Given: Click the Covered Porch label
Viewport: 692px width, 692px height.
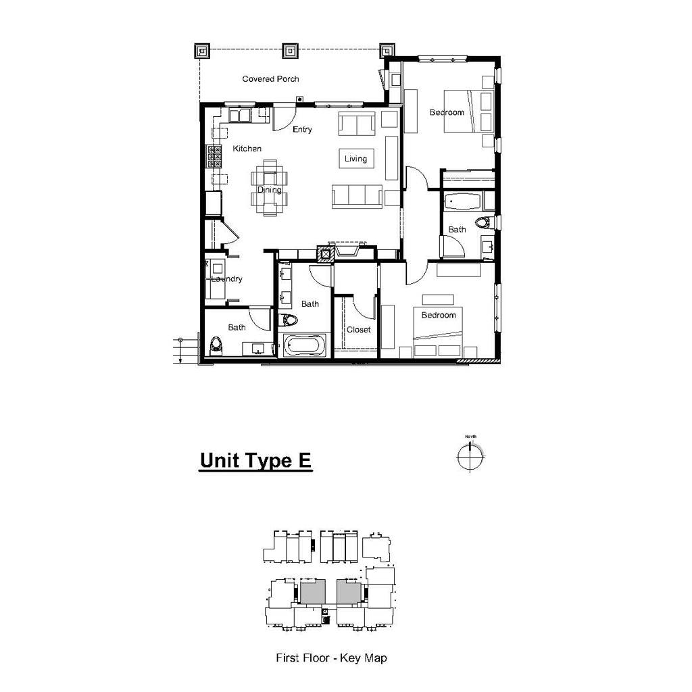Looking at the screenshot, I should click(x=270, y=79).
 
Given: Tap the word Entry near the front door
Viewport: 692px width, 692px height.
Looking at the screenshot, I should click(x=302, y=130).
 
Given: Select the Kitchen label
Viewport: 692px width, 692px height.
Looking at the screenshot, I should click(x=247, y=149).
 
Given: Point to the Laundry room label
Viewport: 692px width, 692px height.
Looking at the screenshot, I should click(x=226, y=279).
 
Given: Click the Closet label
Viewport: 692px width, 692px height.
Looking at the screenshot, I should click(x=358, y=330).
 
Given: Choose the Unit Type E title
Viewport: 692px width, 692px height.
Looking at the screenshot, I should click(x=255, y=461).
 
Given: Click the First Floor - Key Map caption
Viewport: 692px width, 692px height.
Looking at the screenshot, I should click(x=331, y=658).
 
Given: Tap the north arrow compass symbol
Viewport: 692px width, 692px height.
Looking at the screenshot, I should click(x=470, y=457).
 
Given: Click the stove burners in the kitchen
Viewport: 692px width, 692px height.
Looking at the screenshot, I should click(x=214, y=157).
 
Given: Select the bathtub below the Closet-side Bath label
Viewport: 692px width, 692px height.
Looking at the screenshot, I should click(x=305, y=346).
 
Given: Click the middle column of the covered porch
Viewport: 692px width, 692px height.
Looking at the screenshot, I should click(x=291, y=50).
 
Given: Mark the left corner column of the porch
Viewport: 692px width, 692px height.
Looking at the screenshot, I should click(x=202, y=50).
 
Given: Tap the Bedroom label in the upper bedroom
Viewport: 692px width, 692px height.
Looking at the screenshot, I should click(x=447, y=112).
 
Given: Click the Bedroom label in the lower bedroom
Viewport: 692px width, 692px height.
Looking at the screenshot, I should click(x=439, y=315).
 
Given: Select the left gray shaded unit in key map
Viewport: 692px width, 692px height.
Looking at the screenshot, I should click(x=312, y=592).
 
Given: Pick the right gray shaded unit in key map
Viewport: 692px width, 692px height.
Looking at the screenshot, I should click(x=349, y=592).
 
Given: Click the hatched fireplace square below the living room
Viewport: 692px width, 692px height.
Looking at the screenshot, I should click(x=326, y=254).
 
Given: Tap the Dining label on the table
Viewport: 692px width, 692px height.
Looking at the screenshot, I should click(x=269, y=190).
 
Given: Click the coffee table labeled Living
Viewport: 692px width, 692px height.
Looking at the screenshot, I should click(x=355, y=159).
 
